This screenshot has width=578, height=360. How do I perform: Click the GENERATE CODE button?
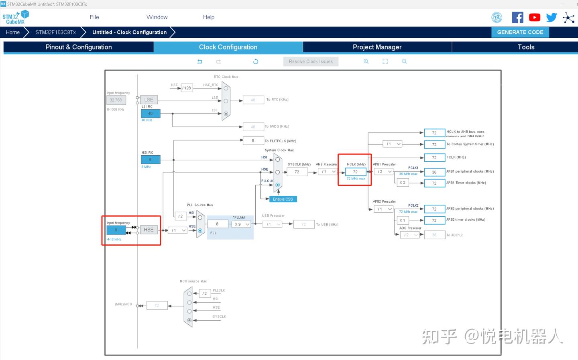[520, 33]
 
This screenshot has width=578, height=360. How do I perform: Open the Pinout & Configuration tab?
[79, 47]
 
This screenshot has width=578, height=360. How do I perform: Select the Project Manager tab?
[377, 47]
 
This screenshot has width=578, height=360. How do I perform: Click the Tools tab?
[526, 47]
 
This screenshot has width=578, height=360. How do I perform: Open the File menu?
[94, 17]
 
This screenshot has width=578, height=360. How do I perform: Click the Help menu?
[208, 17]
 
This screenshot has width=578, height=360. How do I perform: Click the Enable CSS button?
[283, 199]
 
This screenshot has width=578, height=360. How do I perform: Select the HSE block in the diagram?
[149, 230]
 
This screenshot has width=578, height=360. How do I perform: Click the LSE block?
[149, 100]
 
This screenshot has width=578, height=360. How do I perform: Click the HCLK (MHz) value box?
[355, 172]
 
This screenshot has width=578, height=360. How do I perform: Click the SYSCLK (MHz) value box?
[297, 172]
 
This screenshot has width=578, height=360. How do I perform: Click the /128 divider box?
[187, 88]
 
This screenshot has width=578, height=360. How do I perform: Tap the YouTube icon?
[534, 17]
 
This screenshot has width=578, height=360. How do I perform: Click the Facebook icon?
[517, 17]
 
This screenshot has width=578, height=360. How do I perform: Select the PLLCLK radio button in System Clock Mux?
[277, 185]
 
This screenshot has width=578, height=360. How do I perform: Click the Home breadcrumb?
[13, 33]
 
